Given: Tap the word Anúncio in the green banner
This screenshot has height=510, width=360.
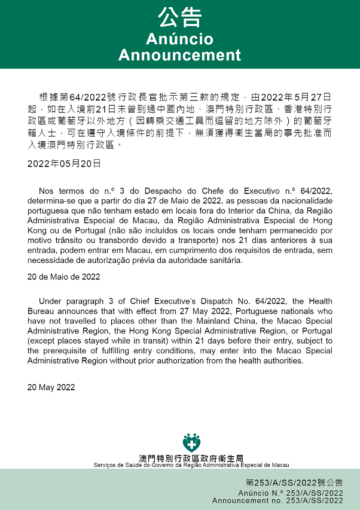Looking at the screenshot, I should tap(179, 40).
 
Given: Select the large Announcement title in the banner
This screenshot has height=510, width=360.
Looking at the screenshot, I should tap(179, 55).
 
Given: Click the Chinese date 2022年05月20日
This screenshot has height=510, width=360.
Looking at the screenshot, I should tap(64, 163).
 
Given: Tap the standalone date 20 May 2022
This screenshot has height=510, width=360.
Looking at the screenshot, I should tap(51, 387).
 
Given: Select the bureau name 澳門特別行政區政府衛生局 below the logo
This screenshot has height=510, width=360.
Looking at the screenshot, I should tap(191, 458).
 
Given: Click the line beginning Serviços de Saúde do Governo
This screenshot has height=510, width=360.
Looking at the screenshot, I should tap(191, 465).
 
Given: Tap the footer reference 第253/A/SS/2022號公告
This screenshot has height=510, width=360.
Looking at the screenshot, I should tap(294, 482).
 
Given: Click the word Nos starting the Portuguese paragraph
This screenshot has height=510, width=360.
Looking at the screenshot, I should tap(47, 191).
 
